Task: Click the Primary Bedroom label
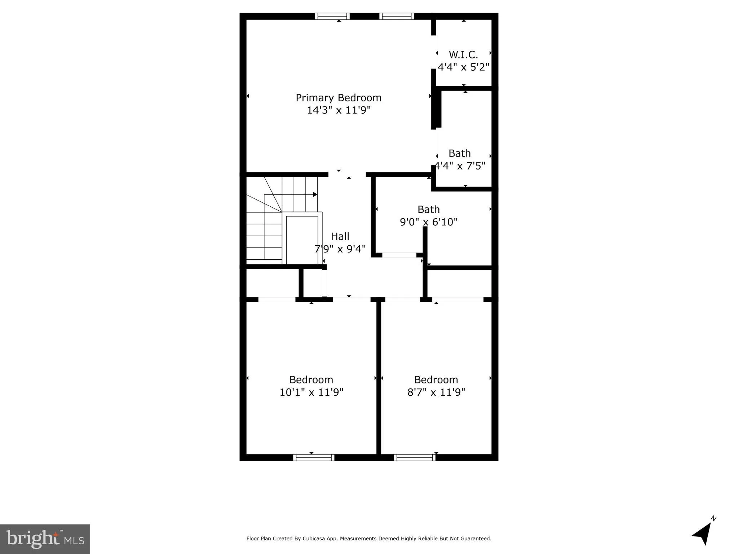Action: pyautogui.click(x=338, y=98)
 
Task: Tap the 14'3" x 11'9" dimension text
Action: pyautogui.click(x=338, y=110)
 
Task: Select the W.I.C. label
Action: pyautogui.click(x=463, y=55)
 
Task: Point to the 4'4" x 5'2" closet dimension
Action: pyautogui.click(x=463, y=67)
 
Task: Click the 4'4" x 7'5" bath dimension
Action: pyautogui.click(x=460, y=166)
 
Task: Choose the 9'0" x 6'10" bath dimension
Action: pyautogui.click(x=428, y=222)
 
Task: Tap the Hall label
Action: pyautogui.click(x=340, y=236)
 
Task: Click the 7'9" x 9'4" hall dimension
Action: pyautogui.click(x=340, y=249)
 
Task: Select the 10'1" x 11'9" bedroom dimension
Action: pyautogui.click(x=311, y=392)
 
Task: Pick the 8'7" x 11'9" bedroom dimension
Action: pyautogui.click(x=436, y=392)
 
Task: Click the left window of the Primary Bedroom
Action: pyautogui.click(x=332, y=16)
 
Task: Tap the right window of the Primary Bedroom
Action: pyautogui.click(x=397, y=16)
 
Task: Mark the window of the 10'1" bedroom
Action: pyautogui.click(x=314, y=457)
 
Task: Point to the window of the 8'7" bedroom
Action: pyautogui.click(x=415, y=457)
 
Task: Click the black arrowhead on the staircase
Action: pyautogui.click(x=315, y=194)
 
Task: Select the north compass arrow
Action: pyautogui.click(x=702, y=534)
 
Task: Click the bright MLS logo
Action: pyautogui.click(x=45, y=539)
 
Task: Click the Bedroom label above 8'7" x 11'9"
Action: pyautogui.click(x=436, y=380)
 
